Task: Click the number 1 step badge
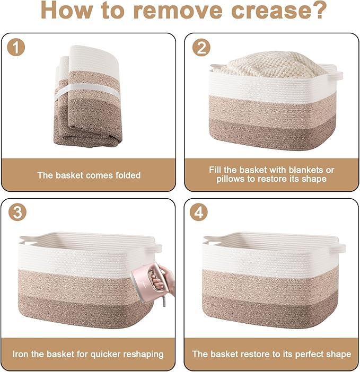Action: pyautogui.click(x=16, y=47)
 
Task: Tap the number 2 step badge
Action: pyautogui.click(x=201, y=47)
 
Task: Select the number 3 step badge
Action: pyautogui.click(x=17, y=212)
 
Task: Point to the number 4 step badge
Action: pyautogui.click(x=199, y=212)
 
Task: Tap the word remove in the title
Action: pyautogui.click(x=177, y=10)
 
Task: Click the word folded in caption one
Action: pyautogui.click(x=128, y=175)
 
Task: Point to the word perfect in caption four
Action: pyautogui.click(x=310, y=354)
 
